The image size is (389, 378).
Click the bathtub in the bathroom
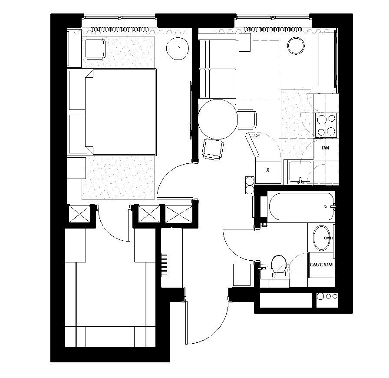pos(301,206)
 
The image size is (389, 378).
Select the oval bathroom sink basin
pos(322,238)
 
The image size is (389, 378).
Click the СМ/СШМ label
pos(321,265)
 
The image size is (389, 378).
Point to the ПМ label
pos(326,148)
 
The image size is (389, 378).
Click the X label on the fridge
pos(268,170)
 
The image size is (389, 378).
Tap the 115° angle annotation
pos(255,136)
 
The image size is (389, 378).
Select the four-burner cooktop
pos(326,125)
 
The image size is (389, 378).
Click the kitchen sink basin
pos(300,172)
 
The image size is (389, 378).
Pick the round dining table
pos(218,119)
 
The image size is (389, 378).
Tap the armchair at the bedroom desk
pos(96,49)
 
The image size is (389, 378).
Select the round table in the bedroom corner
pos(178,48)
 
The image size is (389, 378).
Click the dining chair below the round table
pos(213,149)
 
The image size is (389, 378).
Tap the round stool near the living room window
pos(296,46)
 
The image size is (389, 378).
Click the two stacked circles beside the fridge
pos(250,185)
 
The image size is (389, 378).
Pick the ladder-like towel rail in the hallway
pos(164,265)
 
